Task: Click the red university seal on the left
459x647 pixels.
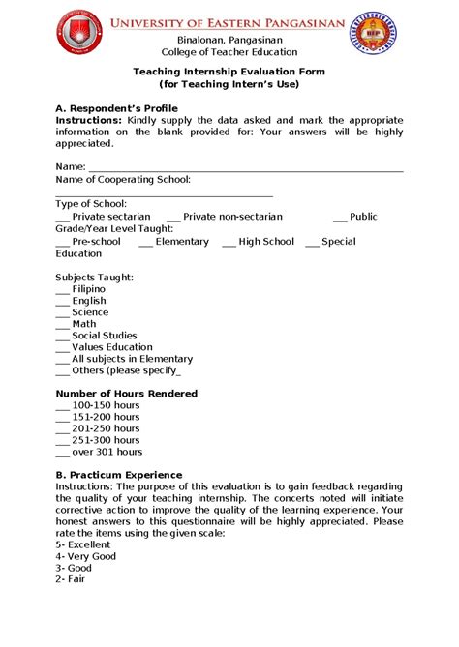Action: [79, 32]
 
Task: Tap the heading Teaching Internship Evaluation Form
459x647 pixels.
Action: [229, 72]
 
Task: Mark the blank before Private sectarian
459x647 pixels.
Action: [63, 218]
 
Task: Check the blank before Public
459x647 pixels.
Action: [339, 218]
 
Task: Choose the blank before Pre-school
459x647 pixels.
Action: [63, 242]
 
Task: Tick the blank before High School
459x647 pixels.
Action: [229, 242]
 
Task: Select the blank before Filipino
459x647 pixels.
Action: [63, 290]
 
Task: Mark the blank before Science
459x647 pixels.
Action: [63, 313]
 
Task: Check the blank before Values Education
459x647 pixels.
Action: [63, 348]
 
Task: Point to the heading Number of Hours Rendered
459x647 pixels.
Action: [127, 394]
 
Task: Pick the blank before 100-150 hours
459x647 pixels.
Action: [63, 406]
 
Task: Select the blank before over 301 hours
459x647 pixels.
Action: [63, 453]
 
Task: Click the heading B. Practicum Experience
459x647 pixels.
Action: [119, 475]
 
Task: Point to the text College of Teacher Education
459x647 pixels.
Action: [229, 52]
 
